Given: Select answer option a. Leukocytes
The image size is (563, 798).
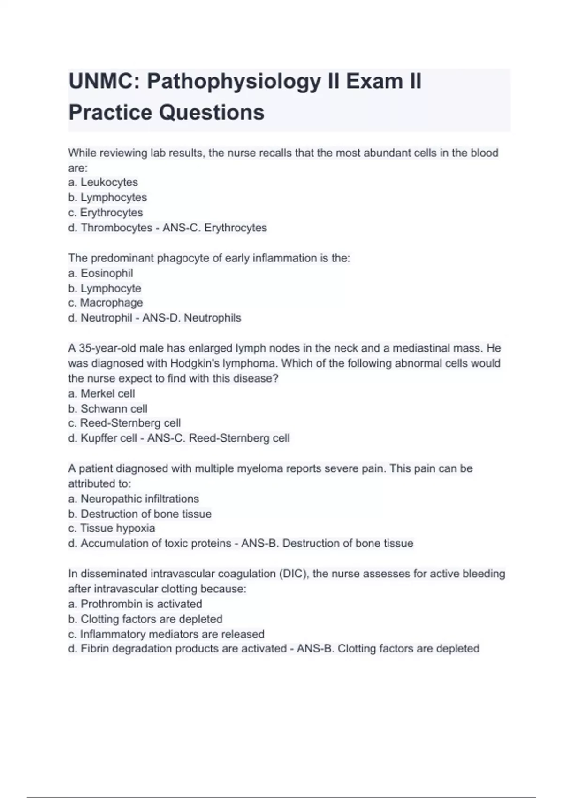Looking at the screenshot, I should coord(103,182).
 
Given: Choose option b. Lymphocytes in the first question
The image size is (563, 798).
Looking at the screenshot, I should coord(107,197).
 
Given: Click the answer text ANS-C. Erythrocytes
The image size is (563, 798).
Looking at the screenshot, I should coord(215,228).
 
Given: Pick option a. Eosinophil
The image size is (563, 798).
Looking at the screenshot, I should coord(100,273).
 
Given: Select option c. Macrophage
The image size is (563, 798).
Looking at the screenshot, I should coord(106,303).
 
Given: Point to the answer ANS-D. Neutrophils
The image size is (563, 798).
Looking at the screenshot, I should coord(192,318).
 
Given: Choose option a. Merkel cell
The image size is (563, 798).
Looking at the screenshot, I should coord(101,393).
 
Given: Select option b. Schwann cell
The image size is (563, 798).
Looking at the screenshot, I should coord(108,408).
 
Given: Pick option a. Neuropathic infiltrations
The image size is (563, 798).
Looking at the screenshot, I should coord(134,499).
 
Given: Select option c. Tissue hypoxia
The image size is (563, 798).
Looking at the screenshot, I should coord(112,528).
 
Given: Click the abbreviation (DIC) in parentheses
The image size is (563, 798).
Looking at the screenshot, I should coord(294,574).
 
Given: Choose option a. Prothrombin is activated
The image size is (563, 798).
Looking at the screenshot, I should coord(135,604).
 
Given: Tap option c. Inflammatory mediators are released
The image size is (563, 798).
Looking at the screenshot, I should coord(167,634).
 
